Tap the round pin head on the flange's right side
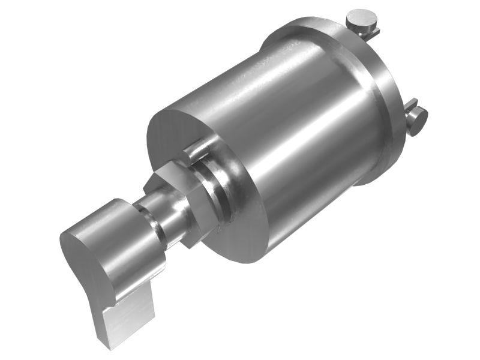(418, 121)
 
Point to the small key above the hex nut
(195, 150)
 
